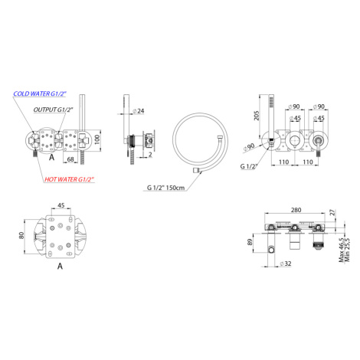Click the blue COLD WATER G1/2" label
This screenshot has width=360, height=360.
click(40, 94)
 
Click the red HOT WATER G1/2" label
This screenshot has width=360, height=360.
click(70, 179)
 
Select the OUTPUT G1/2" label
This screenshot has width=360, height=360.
click(54, 110)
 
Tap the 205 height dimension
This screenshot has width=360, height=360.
click(257, 116)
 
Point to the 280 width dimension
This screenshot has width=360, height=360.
click(296, 210)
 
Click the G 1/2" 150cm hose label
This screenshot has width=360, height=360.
click(165, 188)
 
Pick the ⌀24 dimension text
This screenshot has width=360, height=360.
click(139, 111)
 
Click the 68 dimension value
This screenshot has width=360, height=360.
click(70, 159)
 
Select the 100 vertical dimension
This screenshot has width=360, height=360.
click(97, 139)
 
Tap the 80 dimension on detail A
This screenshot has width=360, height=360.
click(21, 235)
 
